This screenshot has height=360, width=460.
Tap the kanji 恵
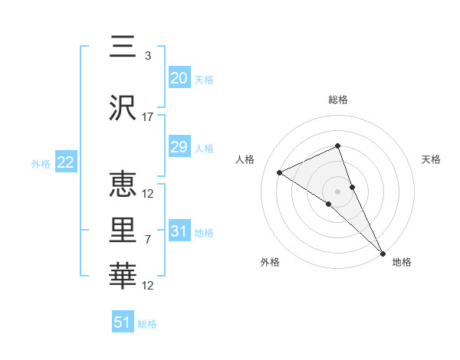click(x=123, y=185)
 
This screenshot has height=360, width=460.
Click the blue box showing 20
click(x=179, y=77)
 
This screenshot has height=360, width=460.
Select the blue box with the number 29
click(x=179, y=147)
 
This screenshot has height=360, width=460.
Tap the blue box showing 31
click(x=179, y=231)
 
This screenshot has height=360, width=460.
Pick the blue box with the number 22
click(x=66, y=162)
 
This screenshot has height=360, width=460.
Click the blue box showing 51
click(x=123, y=322)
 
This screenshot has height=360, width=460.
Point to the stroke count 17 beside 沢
click(x=148, y=117)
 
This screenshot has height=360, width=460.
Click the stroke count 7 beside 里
click(x=148, y=240)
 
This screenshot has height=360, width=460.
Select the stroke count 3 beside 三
click(x=148, y=56)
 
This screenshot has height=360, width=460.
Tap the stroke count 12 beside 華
click(x=148, y=286)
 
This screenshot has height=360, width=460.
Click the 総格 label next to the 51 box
click(x=147, y=324)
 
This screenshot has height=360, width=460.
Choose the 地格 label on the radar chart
click(x=402, y=263)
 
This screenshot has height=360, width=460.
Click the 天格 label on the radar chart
click(x=431, y=159)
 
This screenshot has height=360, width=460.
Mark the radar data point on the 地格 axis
click(x=383, y=252)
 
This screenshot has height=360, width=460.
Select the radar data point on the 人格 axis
click(x=280, y=172)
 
